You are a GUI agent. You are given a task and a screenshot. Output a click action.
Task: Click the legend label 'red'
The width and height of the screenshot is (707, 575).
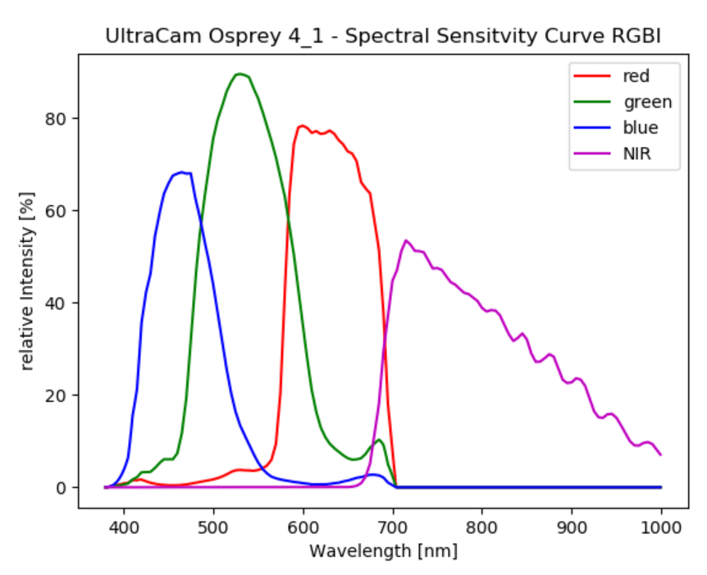click(x=636, y=76)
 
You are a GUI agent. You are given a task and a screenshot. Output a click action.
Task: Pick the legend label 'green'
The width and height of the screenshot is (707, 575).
click(x=647, y=102)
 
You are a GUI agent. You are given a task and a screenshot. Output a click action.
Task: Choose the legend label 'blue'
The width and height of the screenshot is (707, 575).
click(x=641, y=127)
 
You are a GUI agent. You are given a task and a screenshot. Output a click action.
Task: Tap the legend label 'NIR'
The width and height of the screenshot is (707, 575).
click(x=637, y=153)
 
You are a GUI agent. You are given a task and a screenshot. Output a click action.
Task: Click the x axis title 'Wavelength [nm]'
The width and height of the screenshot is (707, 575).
click(x=383, y=550)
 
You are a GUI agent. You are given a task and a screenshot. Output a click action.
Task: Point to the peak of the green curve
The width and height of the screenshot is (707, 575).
click(x=239, y=74)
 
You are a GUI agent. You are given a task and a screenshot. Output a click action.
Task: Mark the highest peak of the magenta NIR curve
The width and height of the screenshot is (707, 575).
click(x=406, y=240)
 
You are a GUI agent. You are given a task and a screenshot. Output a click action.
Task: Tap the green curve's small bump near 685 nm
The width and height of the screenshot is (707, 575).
click(x=379, y=440)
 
